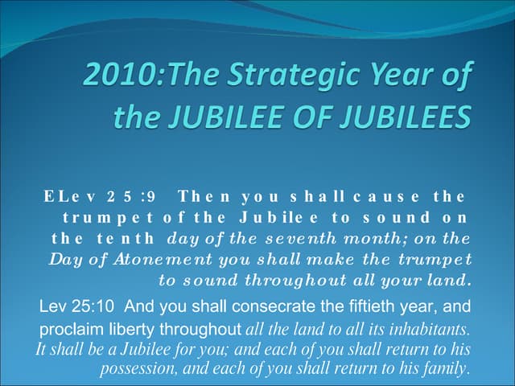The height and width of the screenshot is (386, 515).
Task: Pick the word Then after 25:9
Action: tap(204, 195)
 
